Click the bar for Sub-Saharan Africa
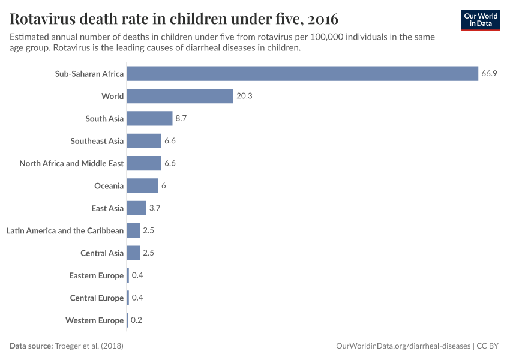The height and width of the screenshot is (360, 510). pyautogui.click(x=302, y=74)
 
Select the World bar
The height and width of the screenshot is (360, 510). pyautogui.click(x=179, y=96)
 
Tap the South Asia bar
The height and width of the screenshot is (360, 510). pyautogui.click(x=149, y=119)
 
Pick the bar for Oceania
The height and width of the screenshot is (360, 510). pyautogui.click(x=142, y=186)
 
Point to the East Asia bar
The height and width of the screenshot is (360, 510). pyautogui.click(x=136, y=208)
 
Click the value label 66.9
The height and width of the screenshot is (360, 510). pyautogui.click(x=488, y=74)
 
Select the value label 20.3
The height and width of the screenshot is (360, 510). pyautogui.click(x=244, y=96)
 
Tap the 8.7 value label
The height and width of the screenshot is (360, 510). pyautogui.click(x=181, y=119)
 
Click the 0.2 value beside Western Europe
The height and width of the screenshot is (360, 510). pyautogui.click(x=136, y=320)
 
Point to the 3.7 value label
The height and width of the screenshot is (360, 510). pyautogui.click(x=155, y=208)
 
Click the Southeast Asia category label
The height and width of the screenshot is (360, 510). pyautogui.click(x=97, y=141)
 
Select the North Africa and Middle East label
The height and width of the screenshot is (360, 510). pyautogui.click(x=71, y=163)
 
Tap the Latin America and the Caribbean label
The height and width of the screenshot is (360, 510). pyautogui.click(x=65, y=231)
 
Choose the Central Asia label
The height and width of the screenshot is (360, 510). pyautogui.click(x=102, y=253)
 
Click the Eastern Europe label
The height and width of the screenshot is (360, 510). pyautogui.click(x=96, y=275)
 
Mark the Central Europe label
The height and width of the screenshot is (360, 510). pyautogui.click(x=97, y=298)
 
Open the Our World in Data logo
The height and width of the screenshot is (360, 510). pyautogui.click(x=480, y=19)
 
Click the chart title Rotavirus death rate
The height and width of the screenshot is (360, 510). pyautogui.click(x=174, y=17)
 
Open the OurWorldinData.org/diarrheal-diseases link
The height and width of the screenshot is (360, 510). pyautogui.click(x=403, y=346)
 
